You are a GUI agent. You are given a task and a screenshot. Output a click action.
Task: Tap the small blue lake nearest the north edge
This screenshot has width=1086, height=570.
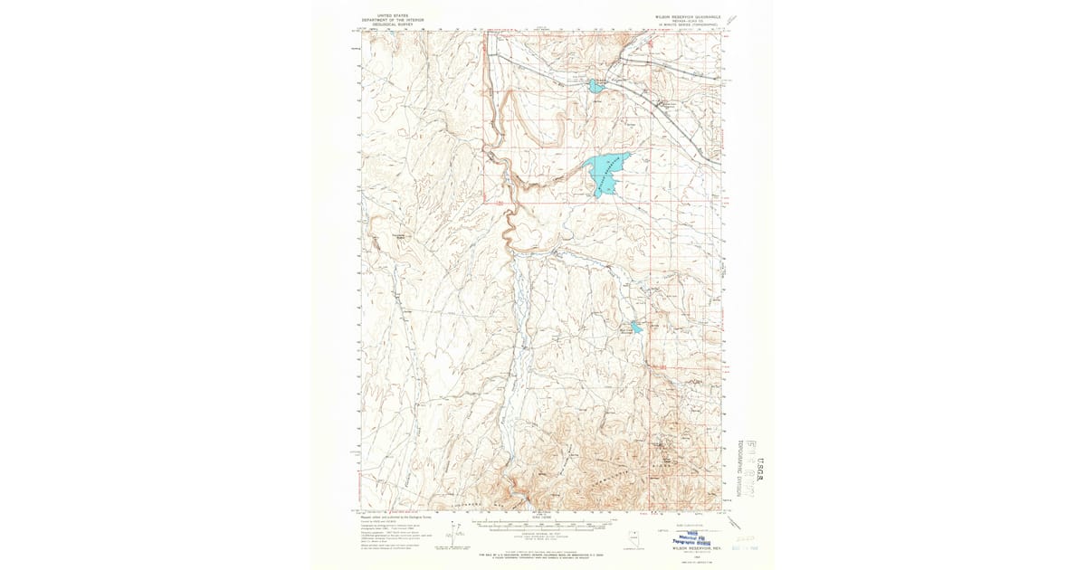click(x=595, y=86)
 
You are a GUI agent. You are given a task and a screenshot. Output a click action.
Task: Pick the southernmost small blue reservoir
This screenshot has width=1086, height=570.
click(x=636, y=328)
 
